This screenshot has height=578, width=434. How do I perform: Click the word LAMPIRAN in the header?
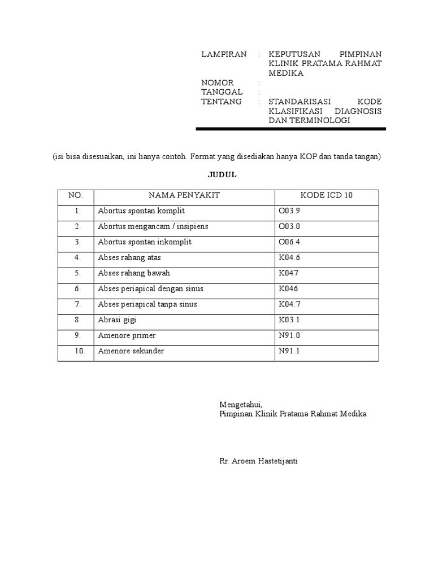[x=224, y=55]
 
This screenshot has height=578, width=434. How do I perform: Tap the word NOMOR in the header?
[x=218, y=83]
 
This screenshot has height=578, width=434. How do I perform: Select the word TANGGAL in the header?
[x=222, y=92]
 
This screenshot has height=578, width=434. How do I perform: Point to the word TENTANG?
[x=222, y=102]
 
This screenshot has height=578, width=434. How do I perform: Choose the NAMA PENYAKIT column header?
[x=184, y=195]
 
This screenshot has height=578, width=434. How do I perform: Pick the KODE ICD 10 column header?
[x=326, y=195]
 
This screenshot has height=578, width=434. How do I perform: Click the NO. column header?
[x=76, y=195]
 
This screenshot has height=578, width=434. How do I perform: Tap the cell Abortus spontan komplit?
[x=141, y=211]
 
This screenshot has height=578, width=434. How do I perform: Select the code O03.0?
[x=289, y=226]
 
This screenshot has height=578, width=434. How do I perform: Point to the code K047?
[x=288, y=273]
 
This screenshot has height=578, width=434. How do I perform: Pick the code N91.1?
[x=289, y=351]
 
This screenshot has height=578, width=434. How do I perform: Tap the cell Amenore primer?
[x=127, y=336]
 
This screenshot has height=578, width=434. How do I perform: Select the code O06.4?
[x=289, y=242]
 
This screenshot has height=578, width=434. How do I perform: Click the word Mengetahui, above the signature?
[x=241, y=405]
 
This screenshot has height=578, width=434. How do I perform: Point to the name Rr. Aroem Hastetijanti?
[x=258, y=461]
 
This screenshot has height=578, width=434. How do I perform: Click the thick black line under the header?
[x=290, y=129]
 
